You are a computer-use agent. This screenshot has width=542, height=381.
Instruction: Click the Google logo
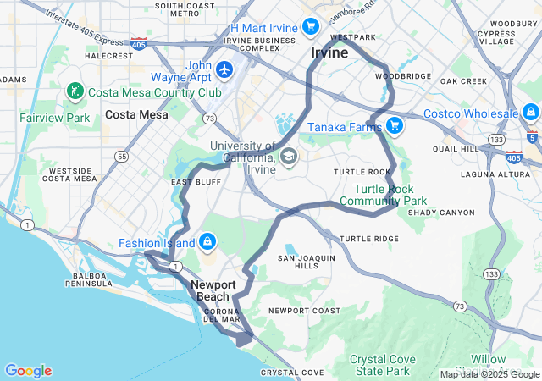[x=28, y=371]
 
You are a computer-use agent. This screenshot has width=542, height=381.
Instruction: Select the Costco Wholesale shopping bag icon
[x=531, y=113]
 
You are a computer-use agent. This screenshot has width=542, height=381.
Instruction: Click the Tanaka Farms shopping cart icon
[x=394, y=126]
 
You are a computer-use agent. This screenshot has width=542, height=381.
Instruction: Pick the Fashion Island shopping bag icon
[x=207, y=243]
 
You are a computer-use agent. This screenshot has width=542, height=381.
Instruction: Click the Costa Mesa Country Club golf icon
[x=75, y=91]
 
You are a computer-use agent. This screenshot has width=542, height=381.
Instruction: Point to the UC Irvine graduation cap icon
[x=288, y=157]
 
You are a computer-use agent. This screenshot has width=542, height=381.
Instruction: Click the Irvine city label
[x=329, y=52]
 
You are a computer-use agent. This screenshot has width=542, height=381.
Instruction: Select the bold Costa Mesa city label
[x=136, y=114]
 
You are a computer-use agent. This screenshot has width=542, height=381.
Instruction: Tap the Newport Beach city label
[x=213, y=290]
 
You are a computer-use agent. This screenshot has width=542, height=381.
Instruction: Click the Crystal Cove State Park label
[x=383, y=365]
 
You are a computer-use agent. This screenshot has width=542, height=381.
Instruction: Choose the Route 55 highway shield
[x=123, y=157]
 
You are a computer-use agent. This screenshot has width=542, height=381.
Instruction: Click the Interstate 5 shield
[x=531, y=135]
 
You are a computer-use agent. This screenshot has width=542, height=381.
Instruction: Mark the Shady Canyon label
[x=441, y=212]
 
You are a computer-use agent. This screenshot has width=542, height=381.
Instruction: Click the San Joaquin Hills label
[x=307, y=262]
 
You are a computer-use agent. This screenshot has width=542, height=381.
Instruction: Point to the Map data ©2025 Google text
[x=489, y=374]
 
